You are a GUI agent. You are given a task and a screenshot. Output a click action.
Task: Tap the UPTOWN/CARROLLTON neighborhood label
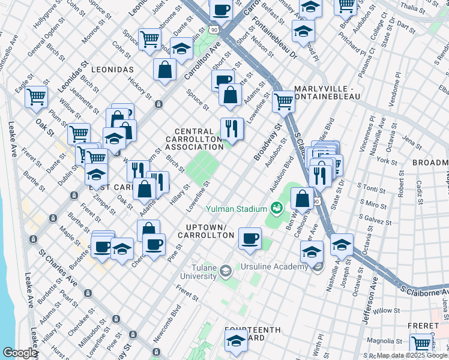205,231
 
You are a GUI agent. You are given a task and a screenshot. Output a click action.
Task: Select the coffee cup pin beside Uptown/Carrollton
250,238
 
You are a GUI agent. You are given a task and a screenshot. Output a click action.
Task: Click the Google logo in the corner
20,353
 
